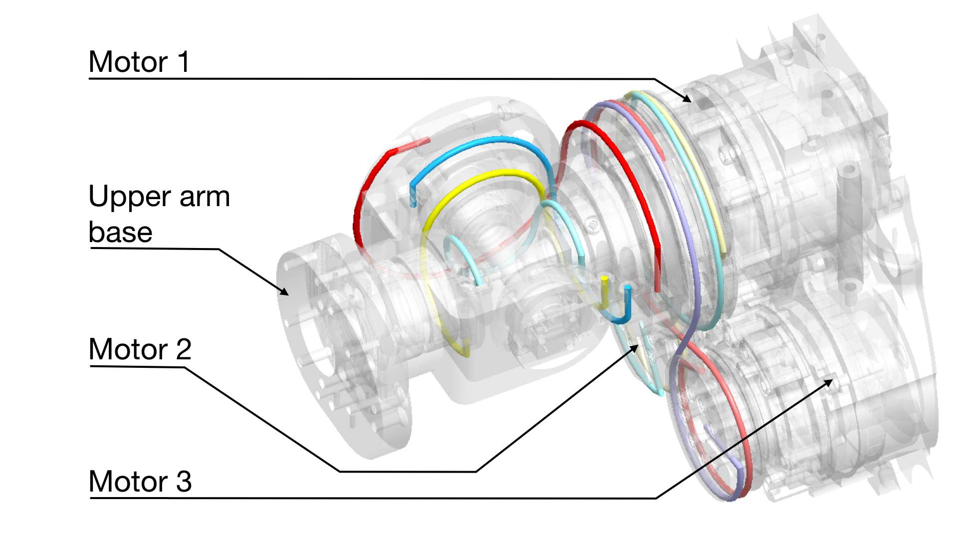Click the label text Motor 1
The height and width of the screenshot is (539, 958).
(139, 62)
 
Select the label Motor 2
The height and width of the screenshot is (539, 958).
(140, 349)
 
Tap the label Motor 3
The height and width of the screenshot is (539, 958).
(140, 482)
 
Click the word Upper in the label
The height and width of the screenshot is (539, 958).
(131, 197)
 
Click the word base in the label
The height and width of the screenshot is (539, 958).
(120, 232)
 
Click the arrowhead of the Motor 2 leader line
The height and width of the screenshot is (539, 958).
(637, 346)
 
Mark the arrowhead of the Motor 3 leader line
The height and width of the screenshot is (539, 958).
(831, 381)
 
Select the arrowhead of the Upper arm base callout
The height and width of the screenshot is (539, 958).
(287, 293)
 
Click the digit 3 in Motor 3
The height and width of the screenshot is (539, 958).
(184, 482)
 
